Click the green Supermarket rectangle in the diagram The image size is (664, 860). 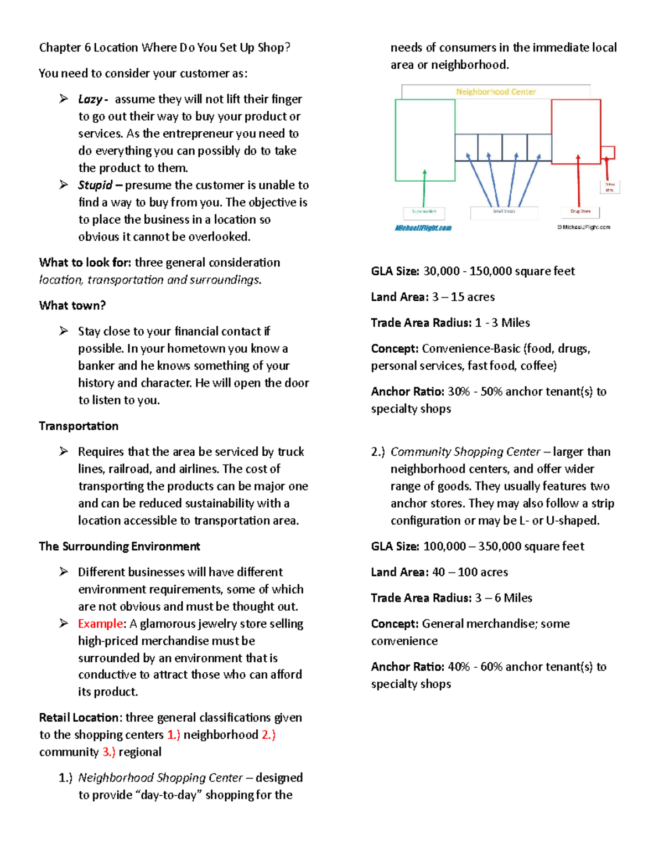pos(425,140)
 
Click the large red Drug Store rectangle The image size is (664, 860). pos(576,131)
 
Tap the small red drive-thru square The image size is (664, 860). pos(608,152)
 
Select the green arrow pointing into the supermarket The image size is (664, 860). pos(424,188)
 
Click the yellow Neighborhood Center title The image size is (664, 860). pos(496,92)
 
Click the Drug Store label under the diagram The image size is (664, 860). pos(580,212)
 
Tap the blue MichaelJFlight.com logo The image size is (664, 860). pos(423,228)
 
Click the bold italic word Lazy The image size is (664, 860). pos(90,99)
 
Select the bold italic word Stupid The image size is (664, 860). pos(95,185)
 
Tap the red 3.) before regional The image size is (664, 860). pos(108,752)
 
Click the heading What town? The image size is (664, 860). pos(72,306)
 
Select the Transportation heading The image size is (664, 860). pos(79,426)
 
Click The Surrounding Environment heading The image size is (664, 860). pos(120,547)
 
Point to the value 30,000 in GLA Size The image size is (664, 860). pos(442,271)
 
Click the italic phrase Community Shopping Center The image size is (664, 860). pos(465,452)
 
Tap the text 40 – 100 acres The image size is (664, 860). pos(470,572)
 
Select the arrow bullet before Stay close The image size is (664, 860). pos(64,331)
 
